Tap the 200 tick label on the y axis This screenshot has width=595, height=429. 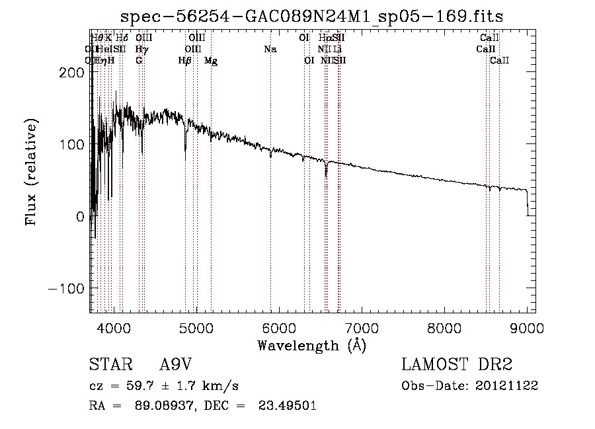[71, 73]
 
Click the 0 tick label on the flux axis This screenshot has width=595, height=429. [79, 217]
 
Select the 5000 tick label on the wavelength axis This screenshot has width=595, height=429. [196, 327]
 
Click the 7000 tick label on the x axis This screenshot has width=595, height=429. [362, 327]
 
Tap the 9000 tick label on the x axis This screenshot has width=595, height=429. [527, 327]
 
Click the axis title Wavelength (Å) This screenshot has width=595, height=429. [311, 344]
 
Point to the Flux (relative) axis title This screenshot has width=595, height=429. [31, 172]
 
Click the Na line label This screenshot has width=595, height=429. [270, 50]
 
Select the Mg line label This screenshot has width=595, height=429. [211, 61]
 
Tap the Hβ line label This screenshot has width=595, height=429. [185, 61]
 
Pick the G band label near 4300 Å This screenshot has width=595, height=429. [139, 61]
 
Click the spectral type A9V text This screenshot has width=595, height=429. [175, 365]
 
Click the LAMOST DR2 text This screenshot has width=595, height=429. [457, 365]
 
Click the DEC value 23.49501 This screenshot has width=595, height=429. [289, 406]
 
